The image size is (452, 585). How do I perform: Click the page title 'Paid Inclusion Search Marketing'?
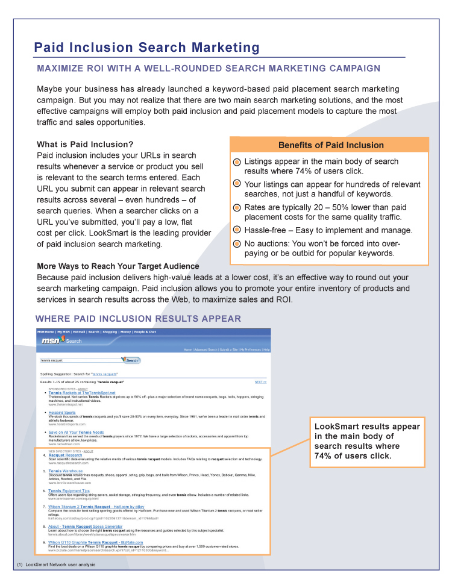point(146,48)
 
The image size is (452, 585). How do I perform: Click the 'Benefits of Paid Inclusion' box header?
point(330,145)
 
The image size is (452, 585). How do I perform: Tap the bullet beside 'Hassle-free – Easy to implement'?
point(237,231)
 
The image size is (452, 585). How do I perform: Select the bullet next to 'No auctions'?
point(237,244)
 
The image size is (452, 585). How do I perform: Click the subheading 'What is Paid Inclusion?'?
point(85,145)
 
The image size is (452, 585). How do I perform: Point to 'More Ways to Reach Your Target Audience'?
point(118,266)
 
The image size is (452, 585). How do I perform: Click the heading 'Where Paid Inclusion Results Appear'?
point(138,319)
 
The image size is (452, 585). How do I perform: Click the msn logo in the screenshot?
point(51,340)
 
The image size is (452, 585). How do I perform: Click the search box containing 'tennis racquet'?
point(80,360)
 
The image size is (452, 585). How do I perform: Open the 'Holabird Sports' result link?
point(62,413)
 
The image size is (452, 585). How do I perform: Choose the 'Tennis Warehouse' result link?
point(66,471)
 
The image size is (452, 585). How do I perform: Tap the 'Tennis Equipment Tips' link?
point(69,491)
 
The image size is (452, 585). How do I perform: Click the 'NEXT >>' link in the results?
point(260,382)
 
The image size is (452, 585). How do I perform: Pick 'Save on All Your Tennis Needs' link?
point(76,433)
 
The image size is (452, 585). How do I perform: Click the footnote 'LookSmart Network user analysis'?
point(60,565)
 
